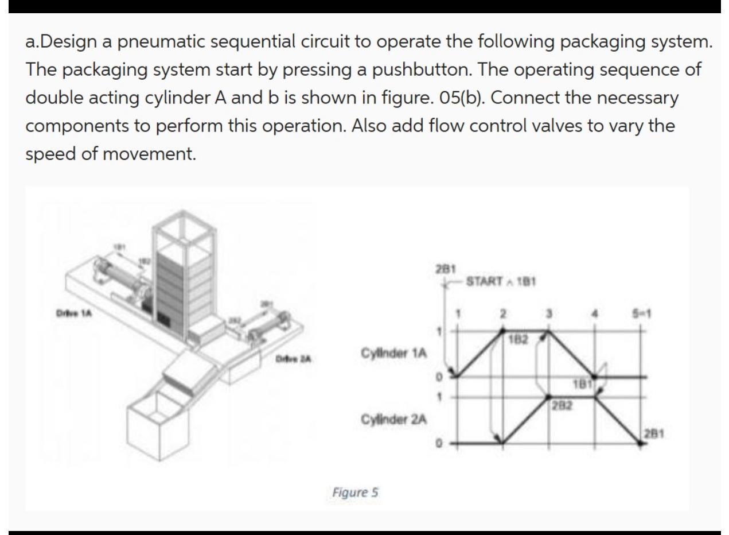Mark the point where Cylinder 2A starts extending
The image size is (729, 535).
pos(502,442)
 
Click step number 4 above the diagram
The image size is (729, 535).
pos(595,315)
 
